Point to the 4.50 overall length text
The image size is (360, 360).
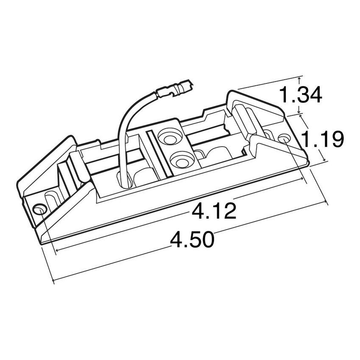coord(192,240)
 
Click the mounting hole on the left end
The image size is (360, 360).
coord(39,209)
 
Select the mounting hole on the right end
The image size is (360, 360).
coord(284,138)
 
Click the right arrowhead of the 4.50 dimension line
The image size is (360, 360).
coord(326,203)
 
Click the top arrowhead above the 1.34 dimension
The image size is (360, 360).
coord(300,79)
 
